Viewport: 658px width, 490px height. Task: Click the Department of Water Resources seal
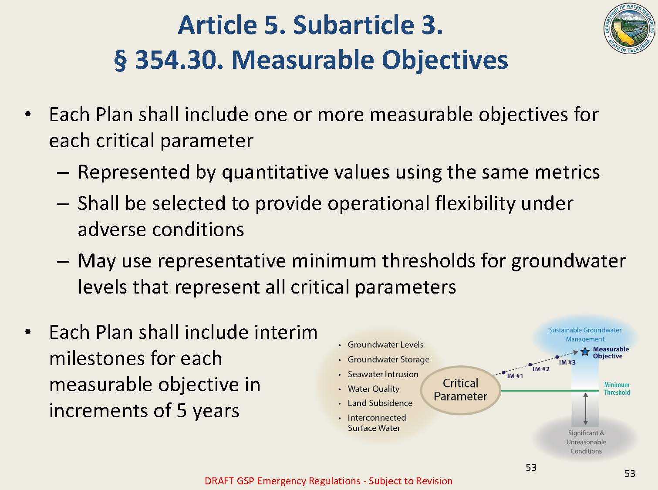coord(629,29)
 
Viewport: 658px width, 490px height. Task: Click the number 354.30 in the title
coord(179,61)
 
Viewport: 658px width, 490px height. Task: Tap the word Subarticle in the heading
coord(354,25)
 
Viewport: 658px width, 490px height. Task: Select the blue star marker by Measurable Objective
coord(585,351)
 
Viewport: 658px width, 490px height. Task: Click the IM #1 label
coord(515,376)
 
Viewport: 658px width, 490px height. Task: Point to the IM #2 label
coord(541,369)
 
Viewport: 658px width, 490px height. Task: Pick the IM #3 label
coord(567,362)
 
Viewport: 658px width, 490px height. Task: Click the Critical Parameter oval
coord(460,390)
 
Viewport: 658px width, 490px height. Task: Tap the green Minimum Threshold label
coord(617,389)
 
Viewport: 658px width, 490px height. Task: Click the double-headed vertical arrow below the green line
coord(585,409)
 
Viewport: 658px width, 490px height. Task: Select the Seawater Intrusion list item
coord(383,374)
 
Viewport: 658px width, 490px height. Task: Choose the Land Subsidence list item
coord(380,403)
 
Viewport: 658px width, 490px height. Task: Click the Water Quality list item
coord(374,389)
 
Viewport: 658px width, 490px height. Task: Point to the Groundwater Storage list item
coord(388,359)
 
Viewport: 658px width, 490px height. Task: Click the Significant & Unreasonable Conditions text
coord(586,442)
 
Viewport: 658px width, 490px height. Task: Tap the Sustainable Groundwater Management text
coord(585,335)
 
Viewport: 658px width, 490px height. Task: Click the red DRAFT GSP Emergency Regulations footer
coord(328,481)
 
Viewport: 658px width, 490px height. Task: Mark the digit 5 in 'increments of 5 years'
coord(182,411)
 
